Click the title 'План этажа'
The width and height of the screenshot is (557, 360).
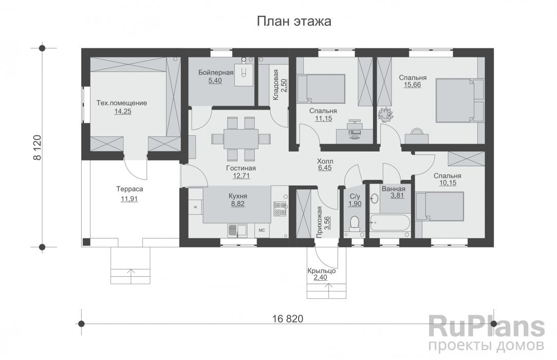pyautogui.click(x=293, y=22)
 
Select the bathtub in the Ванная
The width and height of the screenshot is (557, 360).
pyautogui.click(x=389, y=225)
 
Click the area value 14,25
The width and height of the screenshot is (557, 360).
pyautogui.click(x=121, y=111)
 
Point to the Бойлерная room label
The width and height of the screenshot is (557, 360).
pyautogui.click(x=216, y=73)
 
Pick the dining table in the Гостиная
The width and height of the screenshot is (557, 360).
pyautogui.click(x=241, y=138)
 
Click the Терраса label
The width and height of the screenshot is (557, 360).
pyautogui.click(x=129, y=189)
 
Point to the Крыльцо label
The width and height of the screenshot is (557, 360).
pyautogui.click(x=322, y=271)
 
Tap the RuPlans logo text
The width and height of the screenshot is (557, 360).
pyautogui.click(x=487, y=327)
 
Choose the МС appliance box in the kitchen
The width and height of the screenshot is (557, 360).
pyautogui.click(x=262, y=230)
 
